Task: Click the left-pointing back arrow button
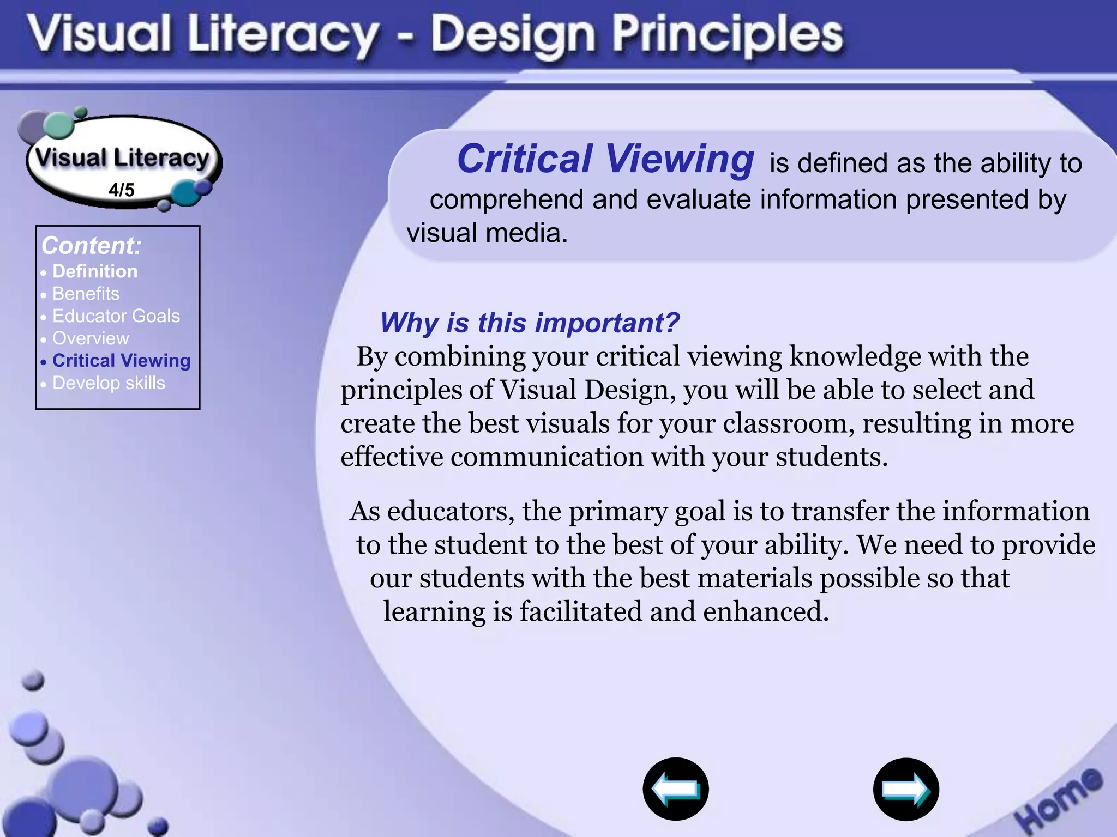click(675, 789)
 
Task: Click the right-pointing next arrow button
click(905, 789)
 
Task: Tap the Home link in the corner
click(1058, 799)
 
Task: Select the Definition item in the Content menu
click(95, 271)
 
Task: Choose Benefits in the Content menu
click(86, 294)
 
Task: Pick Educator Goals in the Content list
click(116, 316)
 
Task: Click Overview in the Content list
click(91, 338)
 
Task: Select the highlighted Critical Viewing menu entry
click(121, 361)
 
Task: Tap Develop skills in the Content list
click(109, 383)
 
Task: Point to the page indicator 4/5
click(121, 190)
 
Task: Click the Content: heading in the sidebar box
click(91, 246)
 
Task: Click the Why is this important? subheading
click(530, 323)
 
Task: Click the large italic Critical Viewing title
click(605, 159)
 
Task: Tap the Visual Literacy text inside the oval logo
click(122, 158)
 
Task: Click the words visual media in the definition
click(487, 233)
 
